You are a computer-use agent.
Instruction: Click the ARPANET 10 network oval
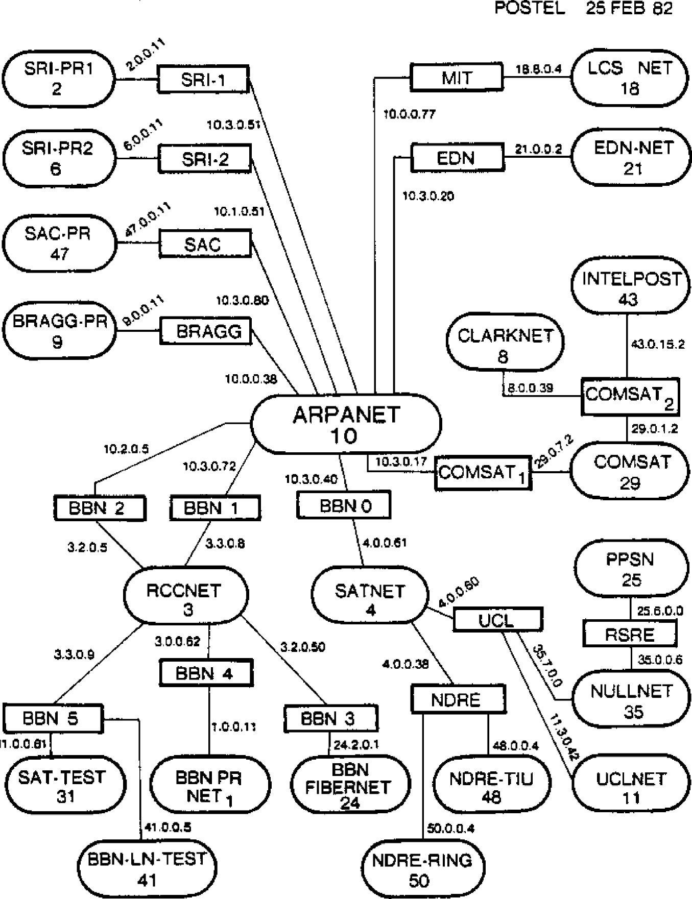click(346, 424)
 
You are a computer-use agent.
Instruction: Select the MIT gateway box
click(457, 79)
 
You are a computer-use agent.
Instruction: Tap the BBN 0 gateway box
click(344, 506)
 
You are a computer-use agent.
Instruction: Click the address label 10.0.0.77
click(410, 114)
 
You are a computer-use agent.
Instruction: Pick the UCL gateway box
click(497, 620)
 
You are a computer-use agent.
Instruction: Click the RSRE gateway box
click(630, 635)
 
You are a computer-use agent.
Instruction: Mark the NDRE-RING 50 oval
click(422, 870)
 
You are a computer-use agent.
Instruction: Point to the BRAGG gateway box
click(208, 332)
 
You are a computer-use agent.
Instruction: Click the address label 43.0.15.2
click(658, 344)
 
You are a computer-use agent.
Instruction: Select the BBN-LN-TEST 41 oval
click(148, 869)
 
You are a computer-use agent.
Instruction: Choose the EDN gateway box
click(457, 158)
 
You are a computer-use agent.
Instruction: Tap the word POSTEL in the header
click(530, 8)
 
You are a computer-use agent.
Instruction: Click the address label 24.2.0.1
click(356, 745)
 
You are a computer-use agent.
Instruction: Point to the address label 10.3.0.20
click(428, 196)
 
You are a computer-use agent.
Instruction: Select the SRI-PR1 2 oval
click(58, 79)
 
